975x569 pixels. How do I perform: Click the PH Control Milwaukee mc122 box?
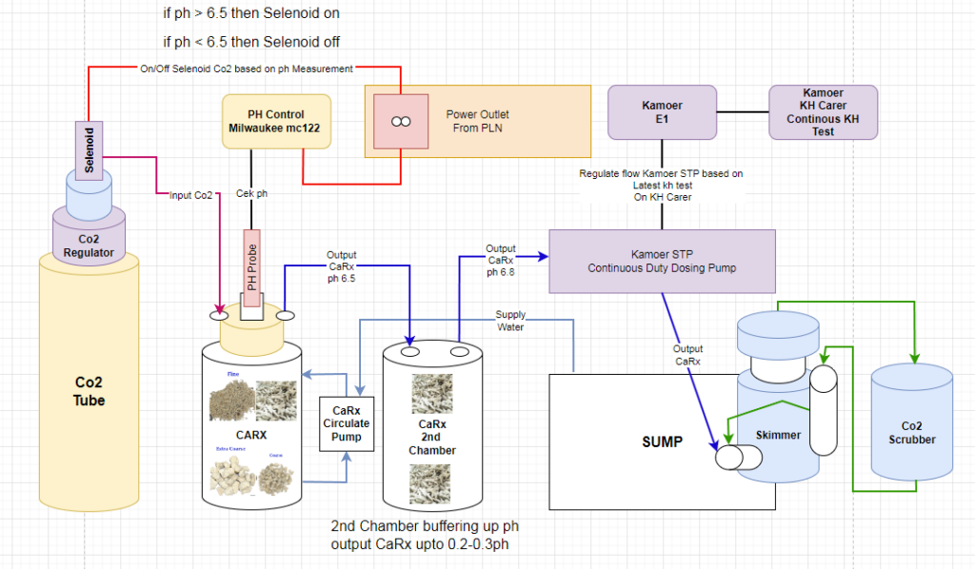pos(276,121)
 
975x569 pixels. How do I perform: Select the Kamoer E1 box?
pos(662,112)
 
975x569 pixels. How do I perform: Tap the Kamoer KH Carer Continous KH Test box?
pos(823,112)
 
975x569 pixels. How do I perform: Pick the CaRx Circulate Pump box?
pos(346,424)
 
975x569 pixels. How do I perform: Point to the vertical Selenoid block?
pos(90,148)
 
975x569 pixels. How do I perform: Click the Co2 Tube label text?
pos(90,391)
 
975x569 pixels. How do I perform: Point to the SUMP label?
pos(662,441)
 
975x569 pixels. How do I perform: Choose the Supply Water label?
pos(510,322)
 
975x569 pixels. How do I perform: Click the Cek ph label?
pos(251,194)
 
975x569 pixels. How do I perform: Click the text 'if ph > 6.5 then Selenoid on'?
pos(251,14)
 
